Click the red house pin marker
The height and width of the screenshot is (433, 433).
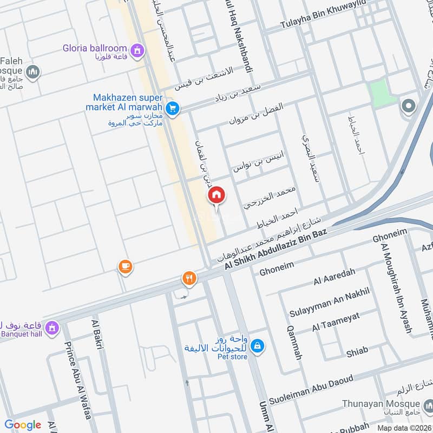tap(216, 195)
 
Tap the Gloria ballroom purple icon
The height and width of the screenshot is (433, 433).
tap(138, 51)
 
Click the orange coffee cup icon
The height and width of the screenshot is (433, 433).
tap(126, 266)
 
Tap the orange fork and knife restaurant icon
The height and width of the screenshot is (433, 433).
tap(189, 278)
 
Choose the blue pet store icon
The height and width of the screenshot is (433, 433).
tap(258, 344)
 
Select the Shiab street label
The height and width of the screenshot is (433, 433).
tap(357, 351)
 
